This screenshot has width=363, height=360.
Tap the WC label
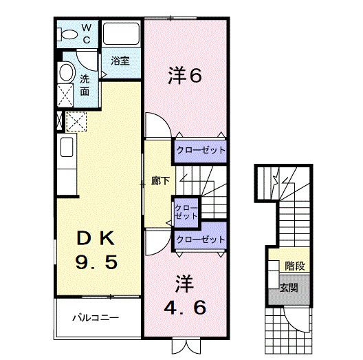(x=87, y=34)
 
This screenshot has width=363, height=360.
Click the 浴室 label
(x=121, y=61)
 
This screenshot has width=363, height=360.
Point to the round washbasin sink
(x=67, y=72)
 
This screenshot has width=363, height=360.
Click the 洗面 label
(x=85, y=84)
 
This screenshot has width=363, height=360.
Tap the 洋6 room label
(x=184, y=75)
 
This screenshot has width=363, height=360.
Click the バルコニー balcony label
(x=96, y=319)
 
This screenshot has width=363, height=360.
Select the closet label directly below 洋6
(x=200, y=150)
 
